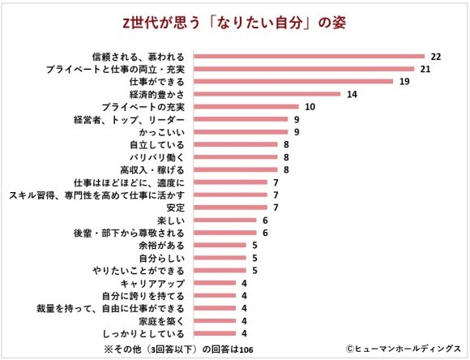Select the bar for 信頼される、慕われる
point(311,57)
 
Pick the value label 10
point(310,107)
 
